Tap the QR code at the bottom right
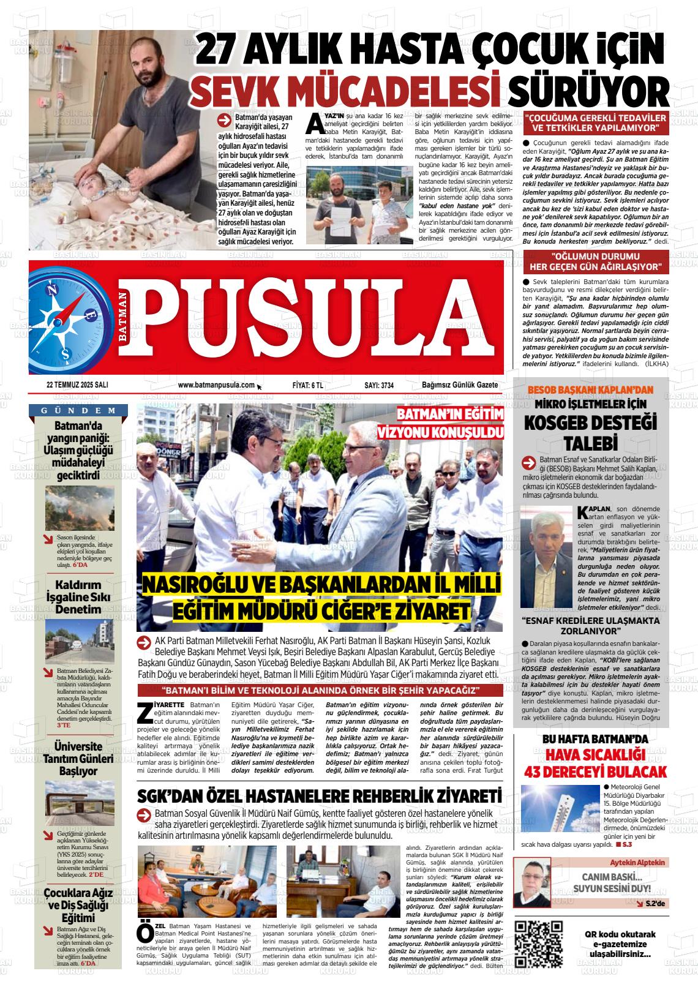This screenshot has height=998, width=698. pyautogui.click(x=538, y=944)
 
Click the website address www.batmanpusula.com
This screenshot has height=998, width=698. pyautogui.click(x=216, y=385)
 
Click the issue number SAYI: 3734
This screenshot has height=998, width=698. pyautogui.click(x=379, y=385)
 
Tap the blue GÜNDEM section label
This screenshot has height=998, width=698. pyautogui.click(x=79, y=410)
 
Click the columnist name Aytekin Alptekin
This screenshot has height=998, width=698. pyautogui.click(x=637, y=862)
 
